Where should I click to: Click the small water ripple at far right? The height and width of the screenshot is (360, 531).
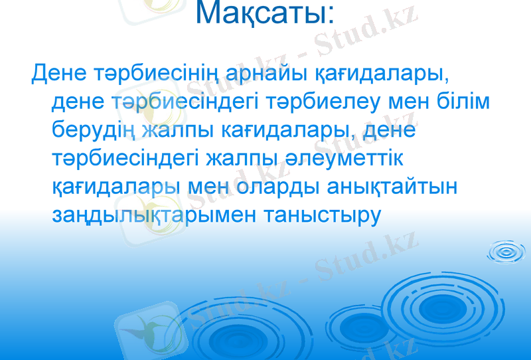click(x=508, y=252)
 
